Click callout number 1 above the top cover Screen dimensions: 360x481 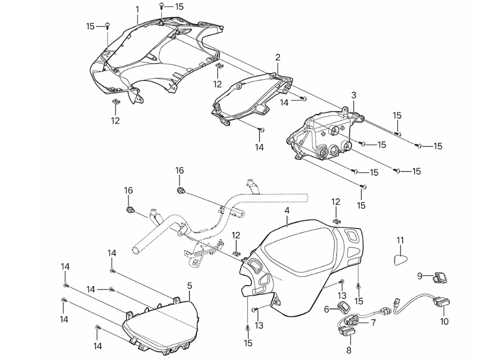pos(137,9)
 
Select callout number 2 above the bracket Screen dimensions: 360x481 pos(278,57)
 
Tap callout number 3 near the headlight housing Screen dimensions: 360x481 pos(353,94)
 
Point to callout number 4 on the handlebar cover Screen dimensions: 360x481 pos(287,211)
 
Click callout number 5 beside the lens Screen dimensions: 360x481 pos(190,286)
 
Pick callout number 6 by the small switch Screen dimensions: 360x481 pos(327,309)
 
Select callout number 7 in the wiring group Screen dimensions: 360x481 pos(373,323)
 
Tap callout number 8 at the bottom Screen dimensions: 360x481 pos(349,351)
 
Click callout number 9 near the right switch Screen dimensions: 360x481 pos(420,275)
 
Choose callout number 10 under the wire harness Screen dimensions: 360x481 pos(445,322)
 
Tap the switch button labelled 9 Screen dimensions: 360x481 pos(441,276)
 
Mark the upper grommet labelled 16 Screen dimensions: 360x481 pos(181,190)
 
